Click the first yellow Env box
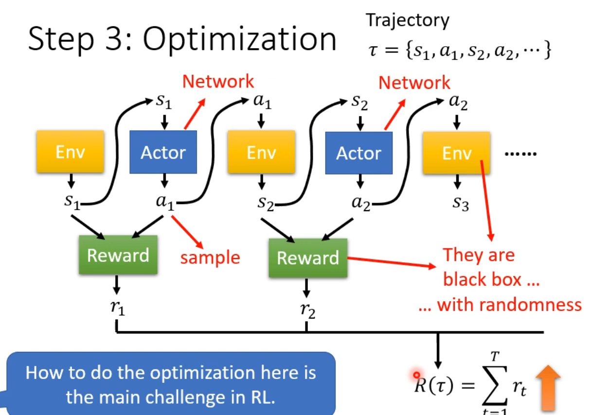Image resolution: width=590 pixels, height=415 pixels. tap(70, 152)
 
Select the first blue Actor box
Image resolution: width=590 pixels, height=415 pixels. tap(163, 152)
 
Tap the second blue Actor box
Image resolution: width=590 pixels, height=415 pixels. tap(358, 153)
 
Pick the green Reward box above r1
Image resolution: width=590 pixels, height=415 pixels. tap(118, 255)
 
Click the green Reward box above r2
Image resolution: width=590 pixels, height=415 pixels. tap(308, 258)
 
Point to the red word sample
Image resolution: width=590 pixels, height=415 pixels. tap(210, 257)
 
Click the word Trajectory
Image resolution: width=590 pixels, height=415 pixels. tap(407, 20)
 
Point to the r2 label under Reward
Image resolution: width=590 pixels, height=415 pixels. tap(307, 310)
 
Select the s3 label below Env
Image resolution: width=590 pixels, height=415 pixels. tap(460, 204)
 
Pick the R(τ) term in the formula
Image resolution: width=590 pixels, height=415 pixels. tap(434, 386)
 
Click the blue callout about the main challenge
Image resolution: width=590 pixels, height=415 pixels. tap(170, 384)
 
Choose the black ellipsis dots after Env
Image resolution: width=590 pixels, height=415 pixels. tap(520, 154)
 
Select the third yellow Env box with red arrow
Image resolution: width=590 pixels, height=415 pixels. tap(456, 154)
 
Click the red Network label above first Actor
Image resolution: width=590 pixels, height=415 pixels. tap(218, 82)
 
